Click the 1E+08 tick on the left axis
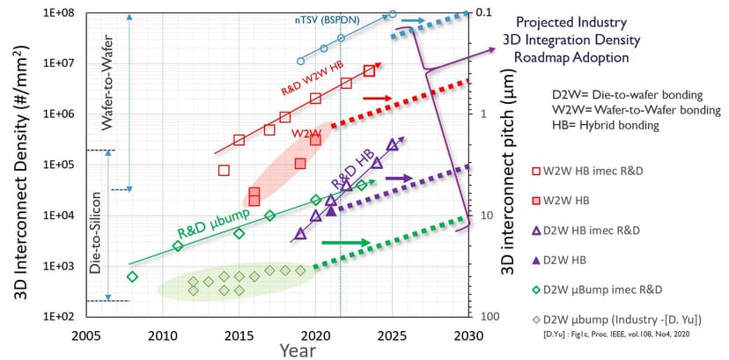point(61,13)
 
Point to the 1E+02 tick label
point(61,316)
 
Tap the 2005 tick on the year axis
point(85,335)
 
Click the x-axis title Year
point(298,350)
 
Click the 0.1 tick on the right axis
point(485,13)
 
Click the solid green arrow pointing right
point(346,242)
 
